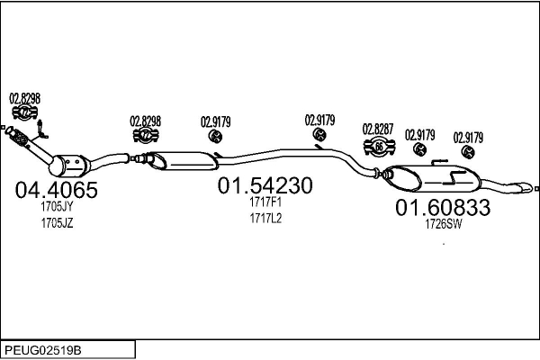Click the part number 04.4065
pos(56,190)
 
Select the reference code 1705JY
pos(57,207)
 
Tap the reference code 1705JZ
pos(58,223)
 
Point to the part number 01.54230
pos(265,185)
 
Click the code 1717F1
pos(265,202)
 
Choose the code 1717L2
pos(265,218)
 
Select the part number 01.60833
pos(443,207)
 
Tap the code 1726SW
pos(443,224)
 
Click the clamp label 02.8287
pos(378,130)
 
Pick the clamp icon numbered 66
pos(379,147)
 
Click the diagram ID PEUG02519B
pos(43,351)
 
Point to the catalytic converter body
pos(69,166)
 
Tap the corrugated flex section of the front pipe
pos(19,138)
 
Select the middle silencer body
pos(184,161)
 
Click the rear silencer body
pos(433,178)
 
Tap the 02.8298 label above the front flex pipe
pos(24,99)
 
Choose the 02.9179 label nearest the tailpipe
pos(468,138)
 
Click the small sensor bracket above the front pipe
pos(41,130)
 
